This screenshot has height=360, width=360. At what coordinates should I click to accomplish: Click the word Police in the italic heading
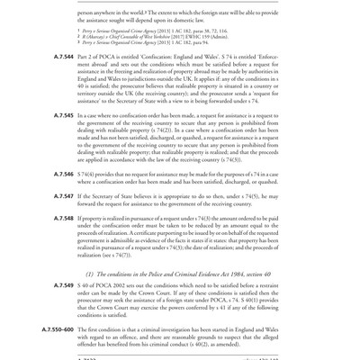pos(156,297)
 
